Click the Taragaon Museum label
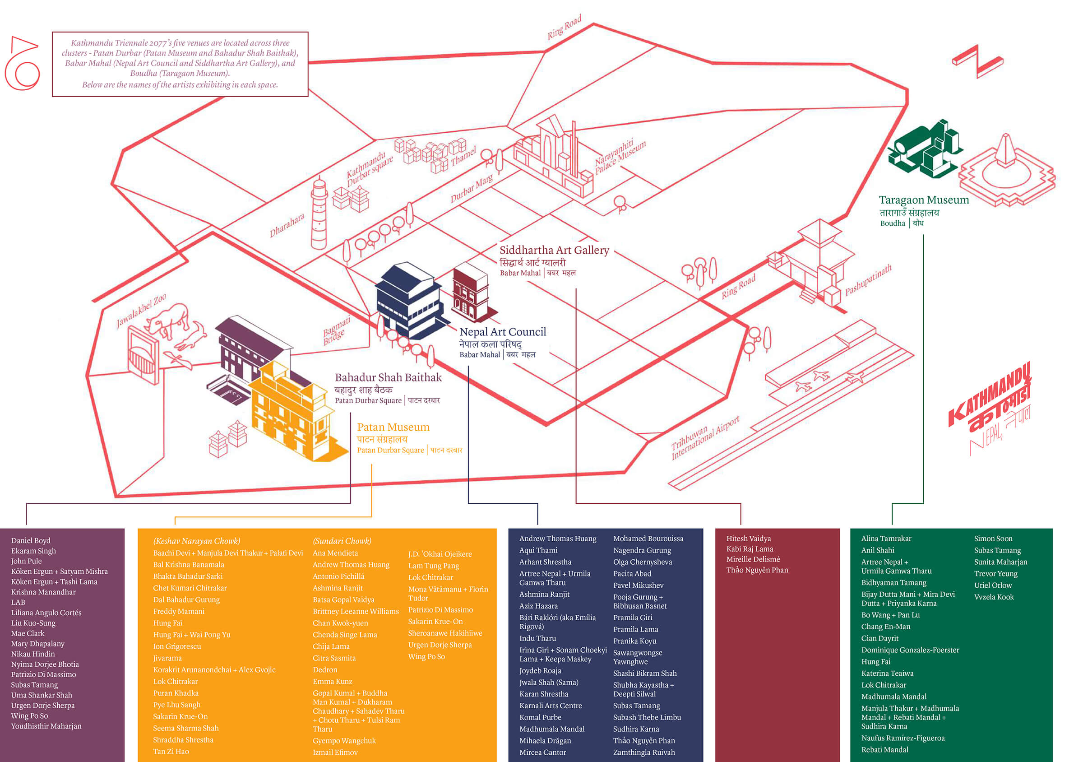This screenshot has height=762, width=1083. click(924, 200)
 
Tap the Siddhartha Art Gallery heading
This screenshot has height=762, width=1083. click(554, 250)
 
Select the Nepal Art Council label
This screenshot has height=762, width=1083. click(503, 332)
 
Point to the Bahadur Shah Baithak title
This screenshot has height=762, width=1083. click(388, 377)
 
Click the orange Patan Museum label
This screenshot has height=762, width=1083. click(393, 427)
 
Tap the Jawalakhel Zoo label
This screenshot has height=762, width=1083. click(141, 311)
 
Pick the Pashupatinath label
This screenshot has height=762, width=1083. click(868, 280)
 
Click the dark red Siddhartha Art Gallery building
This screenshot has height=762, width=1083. click(471, 293)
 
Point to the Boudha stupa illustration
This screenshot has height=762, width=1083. click(1007, 170)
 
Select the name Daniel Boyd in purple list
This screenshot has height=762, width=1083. click(31, 541)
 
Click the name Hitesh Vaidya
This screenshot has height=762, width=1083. click(749, 539)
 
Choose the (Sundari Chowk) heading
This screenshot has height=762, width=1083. click(342, 541)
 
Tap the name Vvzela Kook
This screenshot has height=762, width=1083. click(993, 597)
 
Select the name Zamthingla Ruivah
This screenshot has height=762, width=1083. click(644, 753)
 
